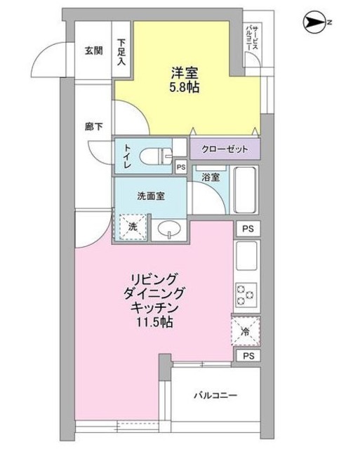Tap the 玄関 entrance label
(x=93, y=51)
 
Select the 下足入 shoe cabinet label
(x=122, y=52)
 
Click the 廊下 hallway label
(x=93, y=127)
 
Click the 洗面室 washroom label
(x=150, y=196)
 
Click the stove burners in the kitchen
(x=246, y=295)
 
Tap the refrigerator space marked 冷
(x=246, y=332)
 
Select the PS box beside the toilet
(x=180, y=168)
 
